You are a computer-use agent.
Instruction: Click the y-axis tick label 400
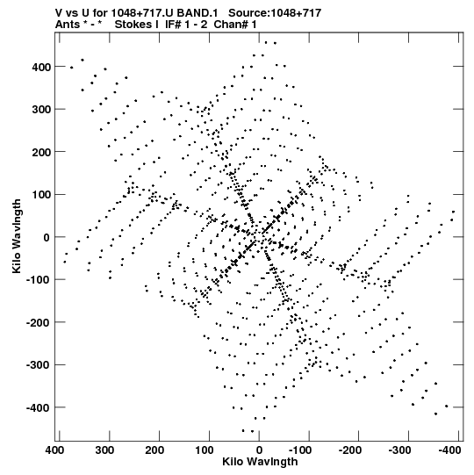(x=41, y=67)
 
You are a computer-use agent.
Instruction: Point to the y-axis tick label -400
(x=39, y=408)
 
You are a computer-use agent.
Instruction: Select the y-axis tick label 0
(x=47, y=237)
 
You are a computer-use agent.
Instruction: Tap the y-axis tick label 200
(x=41, y=152)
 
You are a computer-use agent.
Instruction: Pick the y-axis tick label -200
(x=39, y=322)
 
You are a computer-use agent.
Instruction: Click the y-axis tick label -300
(x=39, y=365)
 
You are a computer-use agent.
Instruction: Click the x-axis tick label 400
(x=54, y=450)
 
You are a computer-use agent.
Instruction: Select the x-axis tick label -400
(x=449, y=450)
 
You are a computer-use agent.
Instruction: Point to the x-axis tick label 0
(x=259, y=450)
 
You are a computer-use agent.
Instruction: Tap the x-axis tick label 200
(x=154, y=450)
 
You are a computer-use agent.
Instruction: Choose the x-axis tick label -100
(x=300, y=450)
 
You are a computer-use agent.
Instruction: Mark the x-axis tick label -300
(x=399, y=450)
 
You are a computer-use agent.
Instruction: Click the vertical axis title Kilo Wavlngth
(x=17, y=236)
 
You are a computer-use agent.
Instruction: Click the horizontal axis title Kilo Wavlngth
(x=260, y=462)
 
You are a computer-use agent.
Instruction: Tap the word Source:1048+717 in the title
(x=275, y=13)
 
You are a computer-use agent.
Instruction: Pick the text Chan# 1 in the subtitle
(x=235, y=25)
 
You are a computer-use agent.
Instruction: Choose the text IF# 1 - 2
(x=186, y=25)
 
